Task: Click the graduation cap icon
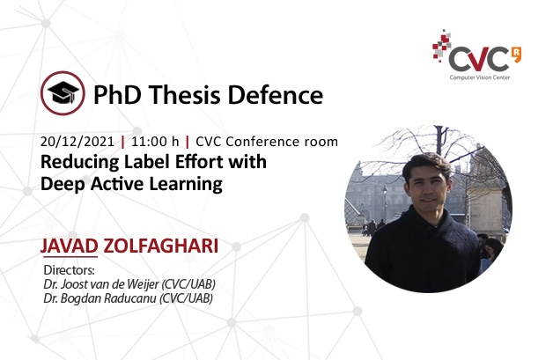pos(63,93)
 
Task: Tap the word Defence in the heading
pos(276,95)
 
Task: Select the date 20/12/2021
pos(77,142)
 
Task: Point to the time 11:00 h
pos(155,142)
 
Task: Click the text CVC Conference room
pos(267,142)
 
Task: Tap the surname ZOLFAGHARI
pos(161,246)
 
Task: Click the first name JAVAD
pos(69,246)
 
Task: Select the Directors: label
pos(69,270)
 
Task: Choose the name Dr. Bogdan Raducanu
pos(100,298)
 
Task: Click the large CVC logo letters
pos(479,60)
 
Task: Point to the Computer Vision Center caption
pos(480,77)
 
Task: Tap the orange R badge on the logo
pos(516,55)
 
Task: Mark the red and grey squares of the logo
pos(441,46)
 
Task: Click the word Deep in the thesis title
pos(62,185)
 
